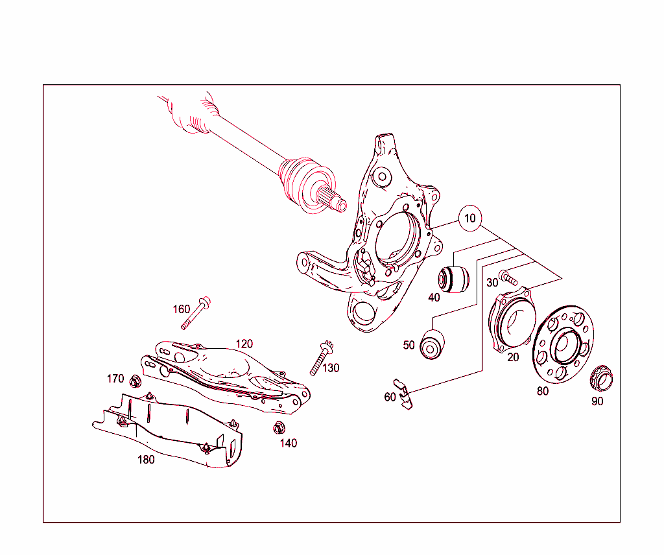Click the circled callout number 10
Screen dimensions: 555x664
click(x=469, y=218)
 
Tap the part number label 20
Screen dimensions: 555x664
click(x=513, y=357)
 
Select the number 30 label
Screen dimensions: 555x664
click(x=492, y=283)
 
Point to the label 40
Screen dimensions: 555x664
click(x=434, y=298)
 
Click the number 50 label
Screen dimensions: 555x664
click(x=409, y=345)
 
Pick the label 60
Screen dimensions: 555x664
click(x=390, y=397)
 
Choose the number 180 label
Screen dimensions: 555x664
click(x=146, y=460)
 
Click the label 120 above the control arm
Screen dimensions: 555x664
click(x=244, y=344)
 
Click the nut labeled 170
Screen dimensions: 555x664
click(x=136, y=381)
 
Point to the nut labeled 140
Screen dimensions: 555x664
click(x=279, y=428)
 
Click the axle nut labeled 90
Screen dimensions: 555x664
click(x=603, y=377)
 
